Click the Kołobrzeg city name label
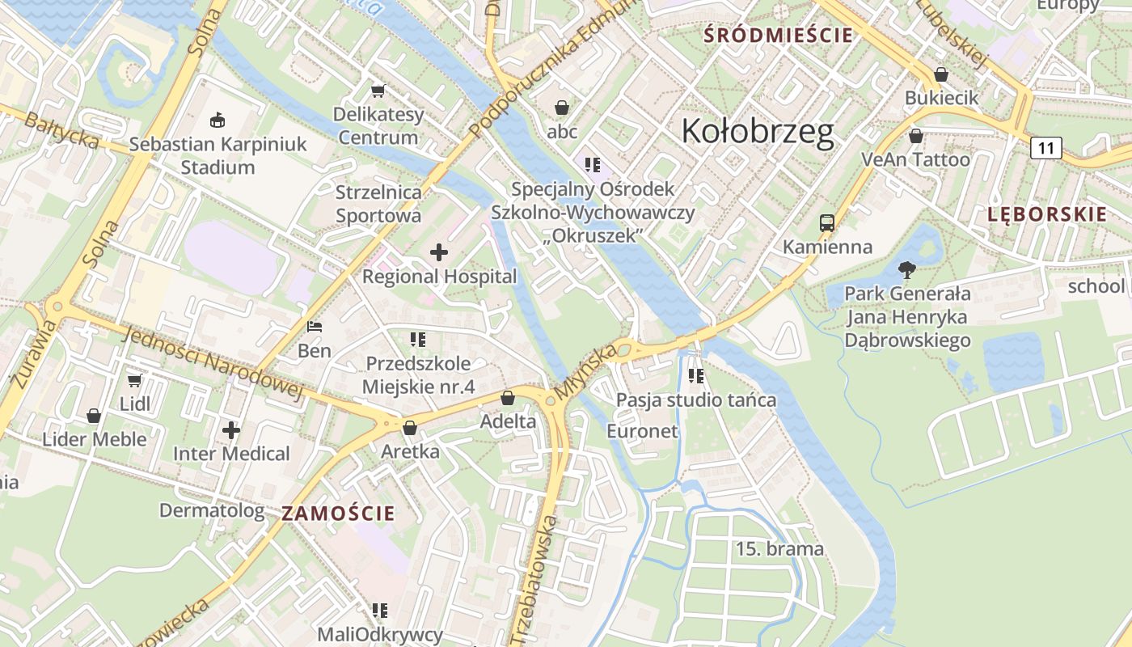pos(758,131)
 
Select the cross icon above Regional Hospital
pos(439,252)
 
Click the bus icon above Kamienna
pos(826,222)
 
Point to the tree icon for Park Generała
pos(907,269)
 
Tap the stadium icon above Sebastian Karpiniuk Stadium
pos(217,121)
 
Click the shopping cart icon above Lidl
pos(135,380)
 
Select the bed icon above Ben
pos(315,327)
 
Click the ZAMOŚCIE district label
pos(338,513)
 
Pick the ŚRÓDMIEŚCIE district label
pos(778,35)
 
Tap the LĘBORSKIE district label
pos(1046,214)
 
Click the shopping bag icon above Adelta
pos(508,398)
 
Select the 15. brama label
pos(779,549)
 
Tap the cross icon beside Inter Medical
pos(231,430)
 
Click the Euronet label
pos(642,431)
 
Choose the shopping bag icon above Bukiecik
pos(941,74)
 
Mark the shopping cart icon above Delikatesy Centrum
pos(378,91)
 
